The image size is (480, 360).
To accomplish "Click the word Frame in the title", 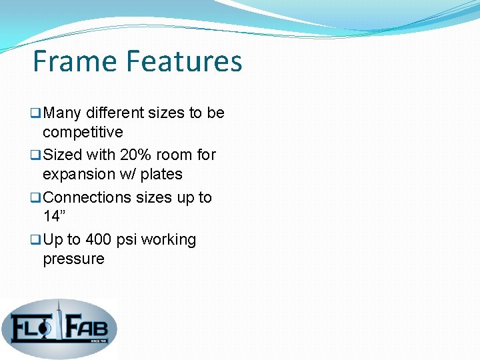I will [75, 61].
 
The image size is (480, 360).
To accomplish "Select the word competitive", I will [83, 132].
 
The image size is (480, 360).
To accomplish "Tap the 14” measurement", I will [55, 216].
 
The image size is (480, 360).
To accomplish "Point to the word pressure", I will [73, 259].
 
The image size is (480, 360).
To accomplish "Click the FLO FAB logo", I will [59, 327].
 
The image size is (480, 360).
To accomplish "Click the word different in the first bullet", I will [114, 113].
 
